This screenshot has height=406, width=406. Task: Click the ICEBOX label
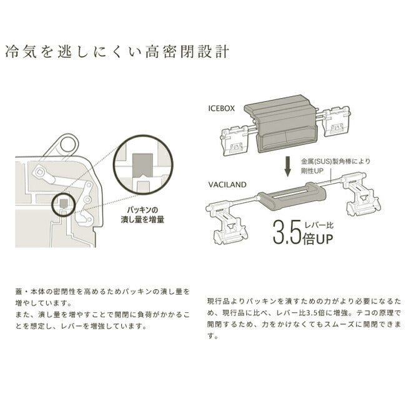(221, 108)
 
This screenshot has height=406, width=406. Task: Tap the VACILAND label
(227, 185)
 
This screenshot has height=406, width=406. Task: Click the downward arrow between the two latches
(288, 166)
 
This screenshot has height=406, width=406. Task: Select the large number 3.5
(287, 232)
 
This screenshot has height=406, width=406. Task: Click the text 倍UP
(318, 239)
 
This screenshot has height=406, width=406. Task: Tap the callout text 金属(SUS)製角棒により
(335, 161)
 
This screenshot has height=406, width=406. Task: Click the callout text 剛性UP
(312, 171)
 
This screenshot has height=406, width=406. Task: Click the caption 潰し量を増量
(142, 220)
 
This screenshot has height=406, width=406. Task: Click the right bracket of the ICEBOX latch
(337, 121)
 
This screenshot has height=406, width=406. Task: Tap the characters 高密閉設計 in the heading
(187, 52)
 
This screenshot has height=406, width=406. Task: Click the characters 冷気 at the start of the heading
(21, 52)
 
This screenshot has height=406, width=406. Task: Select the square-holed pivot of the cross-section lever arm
(39, 171)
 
